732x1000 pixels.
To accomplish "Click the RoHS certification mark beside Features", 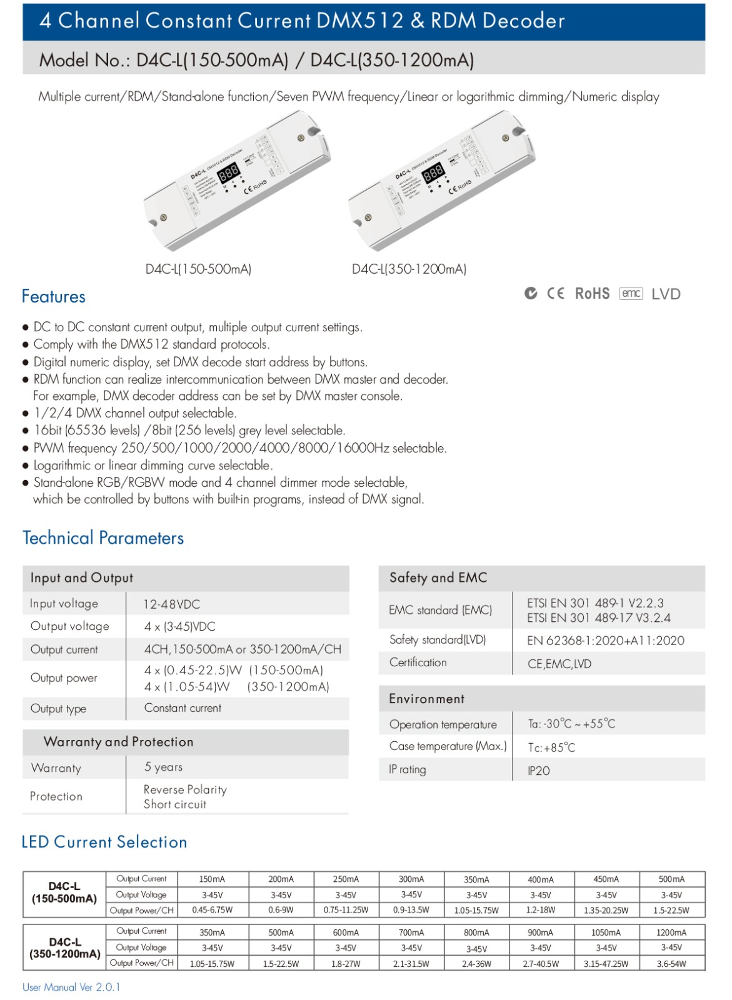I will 591,294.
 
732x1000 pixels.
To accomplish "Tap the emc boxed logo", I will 631,294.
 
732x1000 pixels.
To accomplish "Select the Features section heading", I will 54,296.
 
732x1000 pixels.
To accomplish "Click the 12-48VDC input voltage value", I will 172,604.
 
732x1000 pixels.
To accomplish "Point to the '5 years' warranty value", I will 164,767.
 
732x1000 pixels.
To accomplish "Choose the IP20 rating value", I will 539,771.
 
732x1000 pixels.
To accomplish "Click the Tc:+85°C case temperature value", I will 551,747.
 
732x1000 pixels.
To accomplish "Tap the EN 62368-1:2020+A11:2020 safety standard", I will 605,641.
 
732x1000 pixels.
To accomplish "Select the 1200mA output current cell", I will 671,932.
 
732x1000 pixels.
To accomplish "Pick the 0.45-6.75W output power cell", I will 212,910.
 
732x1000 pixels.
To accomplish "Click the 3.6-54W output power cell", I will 671,964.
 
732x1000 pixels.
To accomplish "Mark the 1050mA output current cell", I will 606,932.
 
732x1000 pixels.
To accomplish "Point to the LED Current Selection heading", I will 104,842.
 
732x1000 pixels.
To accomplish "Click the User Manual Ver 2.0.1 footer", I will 71,987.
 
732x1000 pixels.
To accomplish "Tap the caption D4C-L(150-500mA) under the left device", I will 198,269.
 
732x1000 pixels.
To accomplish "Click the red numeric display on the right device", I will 433,172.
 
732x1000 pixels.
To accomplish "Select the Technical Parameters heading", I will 103,538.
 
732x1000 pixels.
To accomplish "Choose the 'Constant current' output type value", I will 183,708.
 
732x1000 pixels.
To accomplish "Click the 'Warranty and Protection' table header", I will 119,742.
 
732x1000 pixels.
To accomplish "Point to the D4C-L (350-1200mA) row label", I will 65,948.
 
